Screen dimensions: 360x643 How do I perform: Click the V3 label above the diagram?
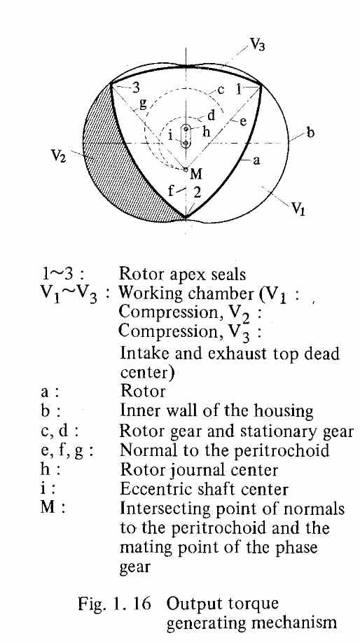pyautogui.click(x=256, y=44)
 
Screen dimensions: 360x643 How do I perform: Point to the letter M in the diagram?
pyautogui.click(x=196, y=174)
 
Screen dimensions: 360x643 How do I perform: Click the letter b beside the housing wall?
pyautogui.click(x=310, y=133)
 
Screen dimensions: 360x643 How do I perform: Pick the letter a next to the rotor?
pyautogui.click(x=256, y=160)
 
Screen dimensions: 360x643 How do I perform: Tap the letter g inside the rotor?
pyautogui.click(x=143, y=104)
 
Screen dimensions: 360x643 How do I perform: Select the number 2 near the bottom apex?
pyautogui.click(x=198, y=193)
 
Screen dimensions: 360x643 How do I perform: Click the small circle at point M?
pyautogui.click(x=186, y=169)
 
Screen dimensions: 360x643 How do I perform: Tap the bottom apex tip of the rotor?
pyautogui.click(x=186, y=217)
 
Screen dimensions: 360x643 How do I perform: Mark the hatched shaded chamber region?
pyautogui.click(x=110, y=164)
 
